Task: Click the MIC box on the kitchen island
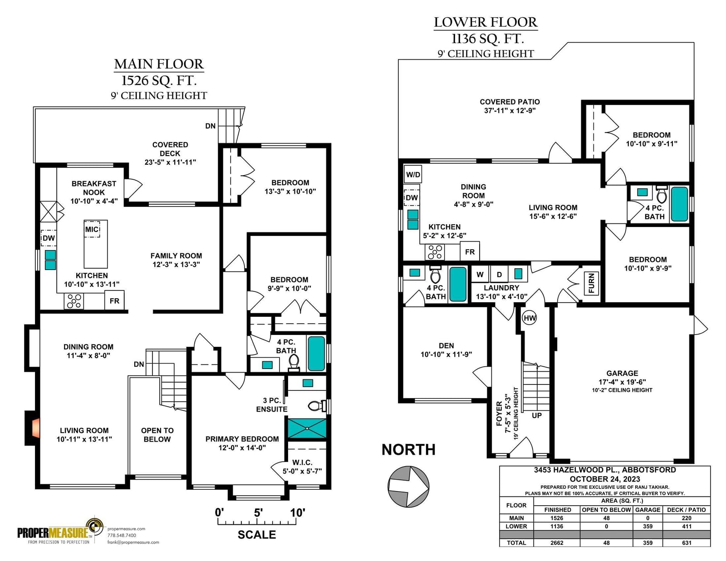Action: pyautogui.click(x=92, y=229)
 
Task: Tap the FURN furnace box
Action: pyautogui.click(x=591, y=283)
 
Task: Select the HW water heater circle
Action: pyautogui.click(x=530, y=318)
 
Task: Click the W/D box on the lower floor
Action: pyautogui.click(x=412, y=174)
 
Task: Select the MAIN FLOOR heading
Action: pyautogui.click(x=159, y=64)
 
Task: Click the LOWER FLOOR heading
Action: pyautogui.click(x=486, y=22)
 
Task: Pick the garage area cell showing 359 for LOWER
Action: pyautogui.click(x=648, y=526)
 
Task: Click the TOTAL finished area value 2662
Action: pyautogui.click(x=557, y=543)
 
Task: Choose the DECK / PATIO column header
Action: pyautogui.click(x=686, y=510)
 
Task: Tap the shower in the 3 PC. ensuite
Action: pyautogui.click(x=307, y=428)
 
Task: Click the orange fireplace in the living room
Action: pyautogui.click(x=35, y=428)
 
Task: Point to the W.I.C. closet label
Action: pyautogui.click(x=302, y=463)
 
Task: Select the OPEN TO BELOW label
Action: pyautogui.click(x=157, y=435)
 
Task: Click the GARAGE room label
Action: pyautogui.click(x=622, y=373)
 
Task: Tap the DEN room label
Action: pyautogui.click(x=446, y=345)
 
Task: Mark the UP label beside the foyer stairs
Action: pyautogui.click(x=537, y=415)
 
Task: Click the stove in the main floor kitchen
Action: pyautogui.click(x=74, y=301)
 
